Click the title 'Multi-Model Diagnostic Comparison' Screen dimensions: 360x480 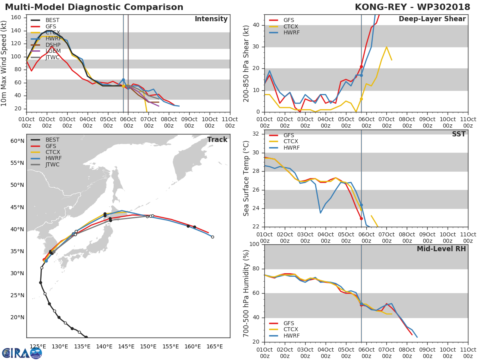[x=94, y=7]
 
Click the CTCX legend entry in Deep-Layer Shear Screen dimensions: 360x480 [x=290, y=26]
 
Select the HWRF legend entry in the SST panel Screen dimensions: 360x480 [x=290, y=148]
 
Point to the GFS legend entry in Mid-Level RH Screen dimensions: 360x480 [x=290, y=323]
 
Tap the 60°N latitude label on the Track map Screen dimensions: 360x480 [x=17, y=141]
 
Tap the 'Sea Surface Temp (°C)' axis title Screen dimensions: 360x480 [x=246, y=180]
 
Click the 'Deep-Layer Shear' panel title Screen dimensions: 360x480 [x=432, y=19]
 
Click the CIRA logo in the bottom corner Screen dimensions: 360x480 [x=22, y=353]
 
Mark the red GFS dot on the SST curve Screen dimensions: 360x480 [x=361, y=218]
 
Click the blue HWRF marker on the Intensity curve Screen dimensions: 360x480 [x=123, y=80]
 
